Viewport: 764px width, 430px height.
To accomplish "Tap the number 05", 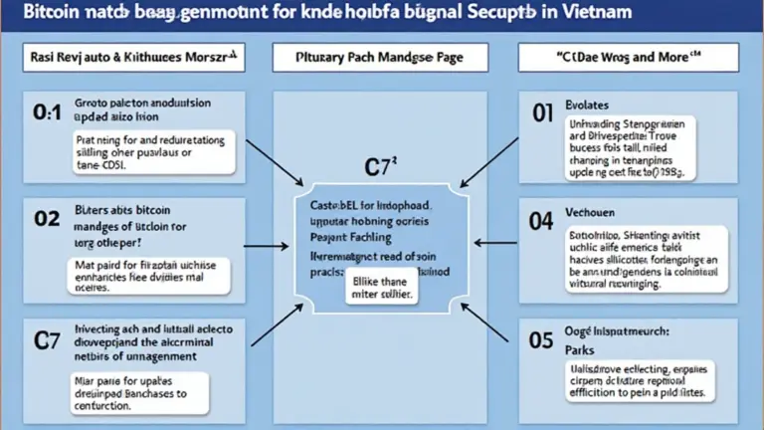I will click(540, 340).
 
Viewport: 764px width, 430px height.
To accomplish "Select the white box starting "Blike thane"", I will click(381, 288).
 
